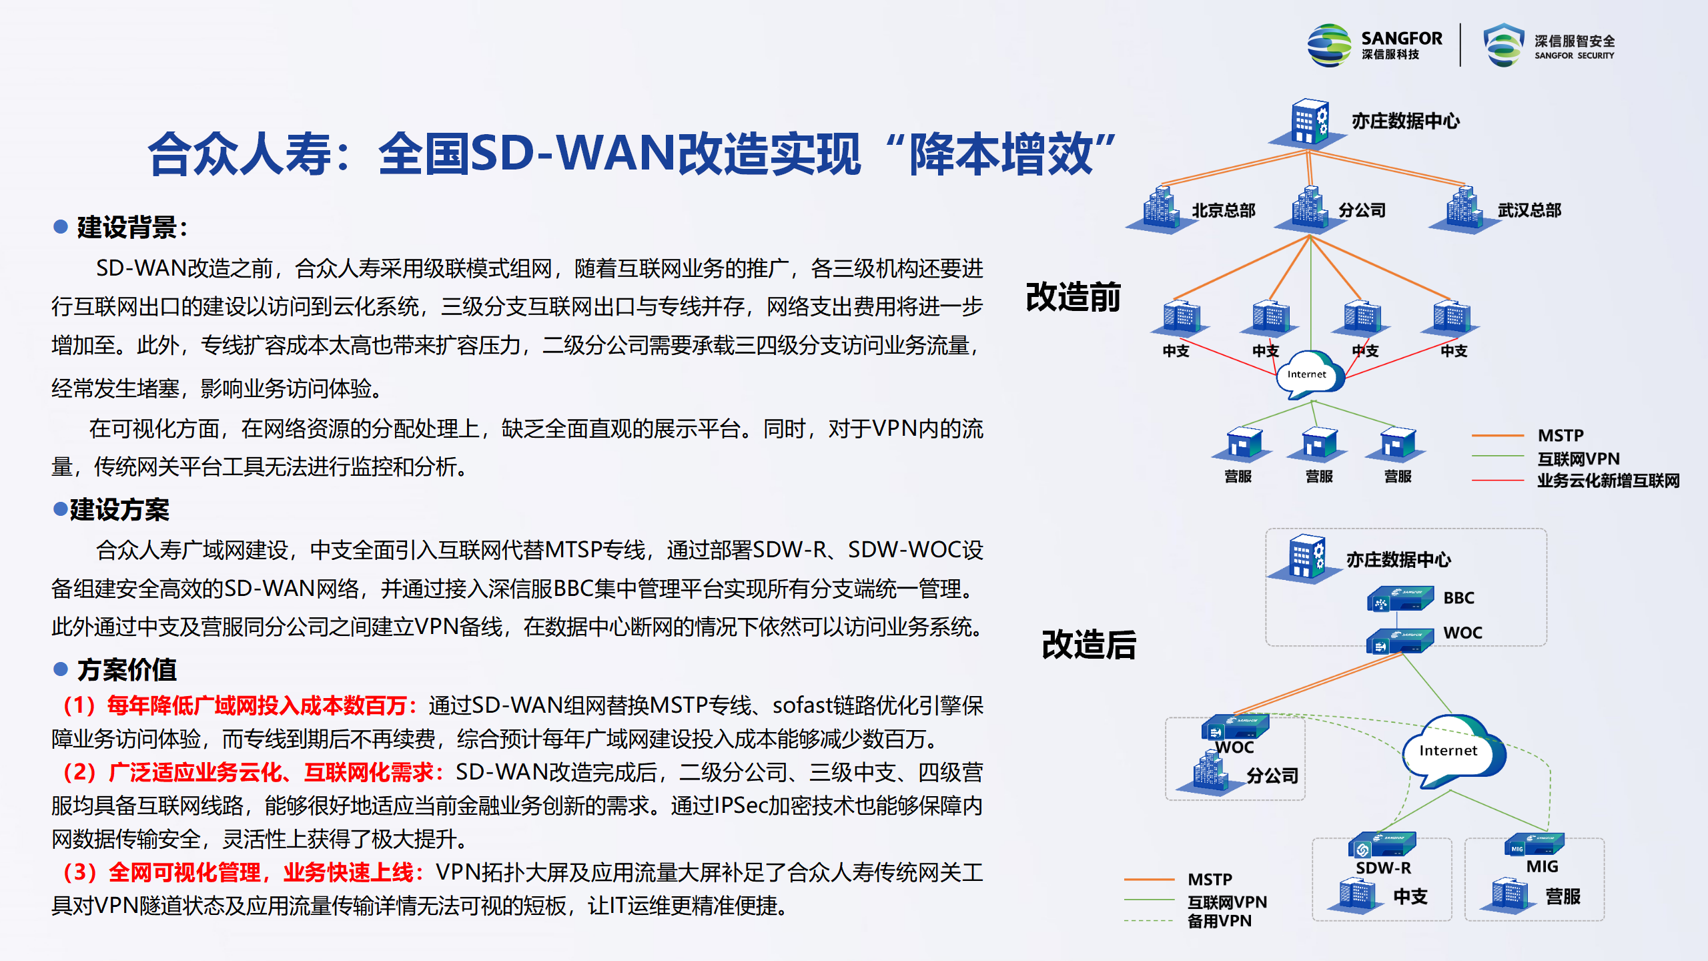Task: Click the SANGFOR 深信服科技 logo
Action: click(1375, 45)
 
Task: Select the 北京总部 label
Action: click(1224, 210)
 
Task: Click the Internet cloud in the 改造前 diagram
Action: click(1309, 375)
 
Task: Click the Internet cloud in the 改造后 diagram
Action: click(1452, 751)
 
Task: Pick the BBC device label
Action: click(1459, 597)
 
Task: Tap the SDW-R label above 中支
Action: click(1383, 868)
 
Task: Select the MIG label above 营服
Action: click(1543, 866)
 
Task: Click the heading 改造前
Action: click(1074, 296)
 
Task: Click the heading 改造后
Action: click(1089, 645)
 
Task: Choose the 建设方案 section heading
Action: click(119, 509)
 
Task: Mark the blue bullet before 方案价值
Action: click(61, 669)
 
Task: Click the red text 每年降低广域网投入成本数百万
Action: click(257, 705)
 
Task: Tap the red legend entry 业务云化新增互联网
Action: click(1608, 480)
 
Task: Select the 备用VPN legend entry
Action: click(1220, 921)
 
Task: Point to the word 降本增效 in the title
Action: click(1001, 154)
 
